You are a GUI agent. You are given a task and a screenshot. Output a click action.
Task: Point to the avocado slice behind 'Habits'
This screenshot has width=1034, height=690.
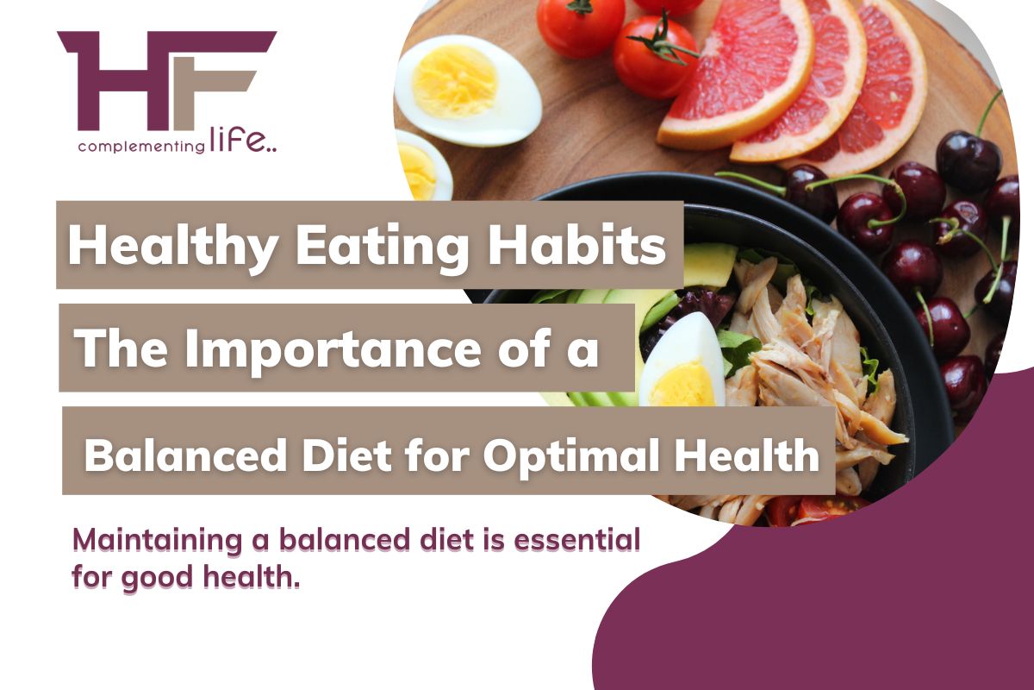(x=709, y=264)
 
